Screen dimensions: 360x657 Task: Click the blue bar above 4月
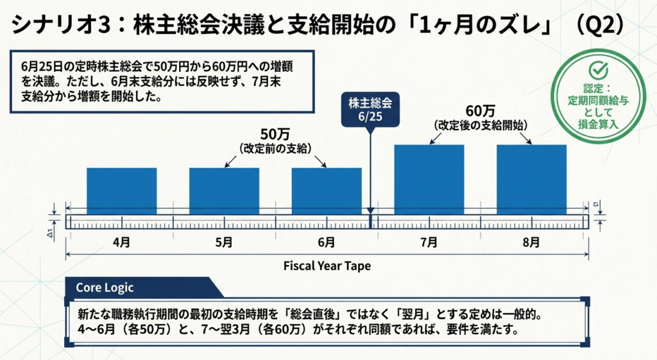tap(122, 191)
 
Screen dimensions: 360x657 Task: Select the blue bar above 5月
tap(224, 191)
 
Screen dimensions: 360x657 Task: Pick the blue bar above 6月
tap(327, 191)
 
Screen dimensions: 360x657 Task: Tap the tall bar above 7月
tap(429, 179)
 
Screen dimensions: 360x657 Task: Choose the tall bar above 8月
tap(531, 179)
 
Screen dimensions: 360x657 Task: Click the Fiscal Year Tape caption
tap(327, 265)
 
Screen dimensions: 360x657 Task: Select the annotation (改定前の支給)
tap(275, 148)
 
